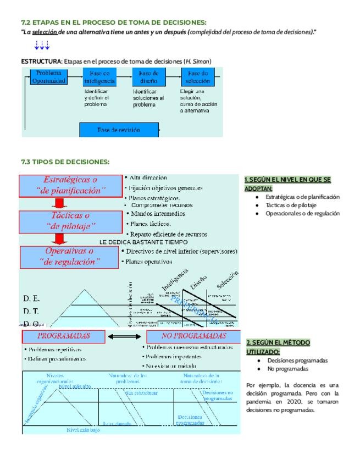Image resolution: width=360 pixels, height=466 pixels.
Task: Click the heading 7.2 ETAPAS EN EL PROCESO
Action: click(113, 23)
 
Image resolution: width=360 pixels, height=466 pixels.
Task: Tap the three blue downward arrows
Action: click(42, 46)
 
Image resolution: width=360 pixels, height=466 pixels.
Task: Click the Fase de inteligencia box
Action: click(99, 77)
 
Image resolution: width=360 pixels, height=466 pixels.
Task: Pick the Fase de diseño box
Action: click(148, 77)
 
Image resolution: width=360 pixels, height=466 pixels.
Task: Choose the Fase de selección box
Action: click(197, 77)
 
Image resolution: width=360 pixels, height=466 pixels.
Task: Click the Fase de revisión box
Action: click(119, 130)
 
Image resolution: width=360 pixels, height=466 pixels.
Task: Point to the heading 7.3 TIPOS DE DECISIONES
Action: click(65, 162)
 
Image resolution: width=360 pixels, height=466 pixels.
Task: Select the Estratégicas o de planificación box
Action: click(71, 186)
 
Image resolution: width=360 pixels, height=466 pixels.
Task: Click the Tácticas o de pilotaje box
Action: click(71, 221)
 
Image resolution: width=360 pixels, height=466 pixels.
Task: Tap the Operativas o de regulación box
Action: click(70, 257)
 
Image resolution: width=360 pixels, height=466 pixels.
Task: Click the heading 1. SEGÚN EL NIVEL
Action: click(287, 184)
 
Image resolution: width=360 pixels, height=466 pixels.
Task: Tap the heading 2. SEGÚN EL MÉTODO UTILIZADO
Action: click(278, 347)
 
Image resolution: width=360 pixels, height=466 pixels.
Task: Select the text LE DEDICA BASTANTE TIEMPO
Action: click(143, 242)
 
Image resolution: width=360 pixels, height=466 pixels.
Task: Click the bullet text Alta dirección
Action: click(148, 177)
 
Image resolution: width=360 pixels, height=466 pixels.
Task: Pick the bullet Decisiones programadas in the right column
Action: click(297, 360)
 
